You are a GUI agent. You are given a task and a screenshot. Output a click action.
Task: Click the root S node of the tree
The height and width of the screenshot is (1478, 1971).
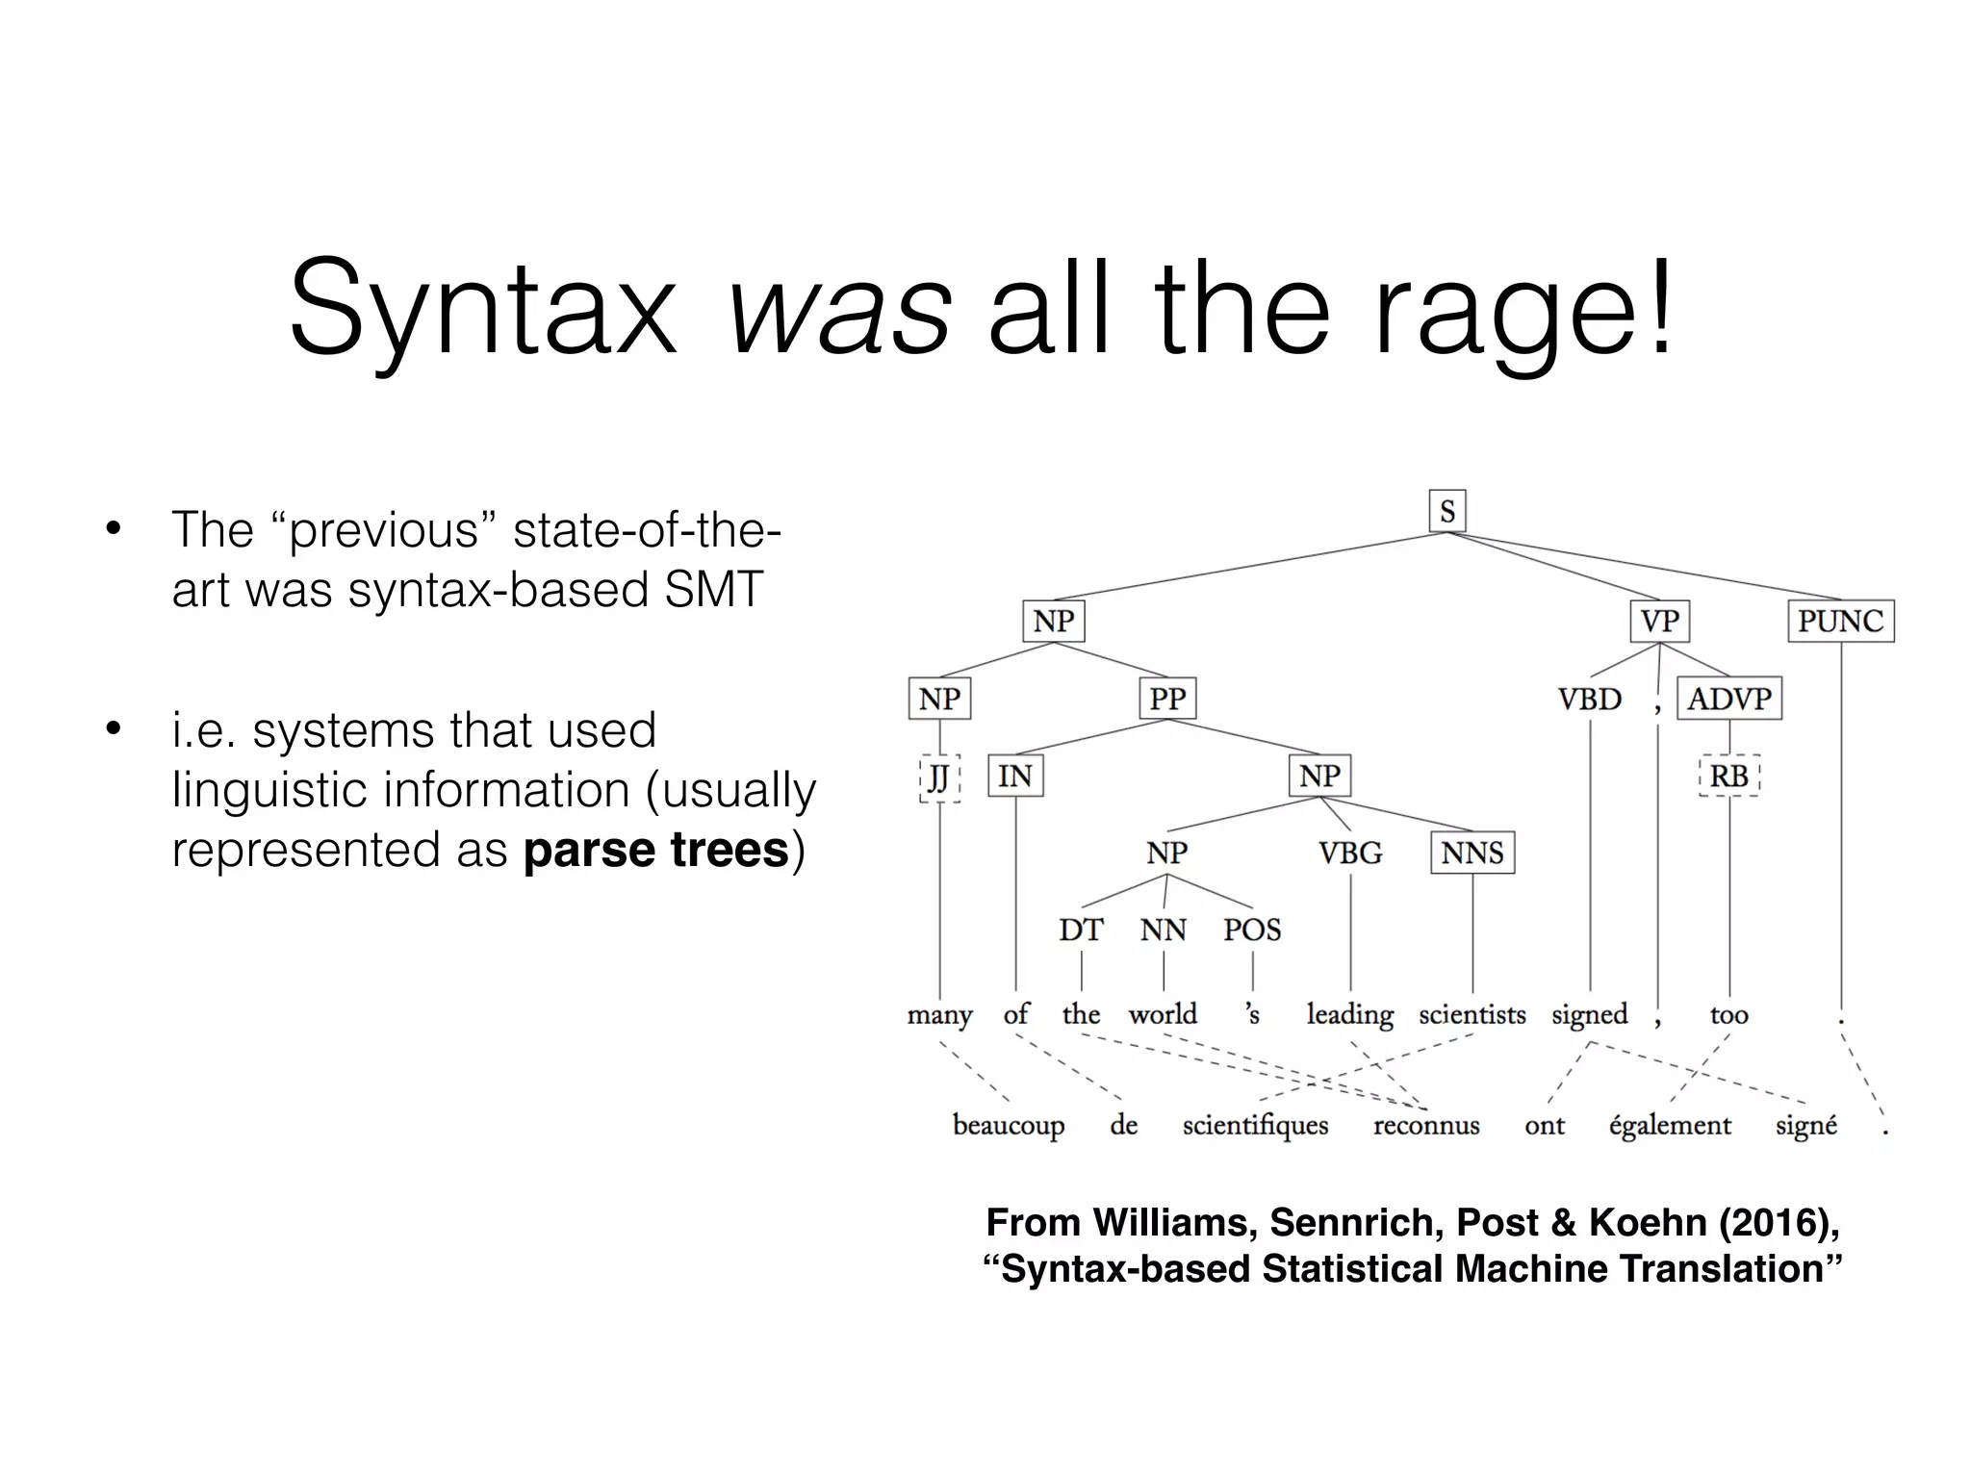point(1446,511)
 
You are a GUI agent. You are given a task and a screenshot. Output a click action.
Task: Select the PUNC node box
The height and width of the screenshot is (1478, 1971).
point(1840,621)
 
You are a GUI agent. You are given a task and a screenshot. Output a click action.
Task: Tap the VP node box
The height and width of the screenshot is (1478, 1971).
point(1659,621)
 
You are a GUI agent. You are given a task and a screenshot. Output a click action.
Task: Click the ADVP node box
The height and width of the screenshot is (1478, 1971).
point(1729,699)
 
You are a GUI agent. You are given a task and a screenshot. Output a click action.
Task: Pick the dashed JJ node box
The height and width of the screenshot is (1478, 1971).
point(939,777)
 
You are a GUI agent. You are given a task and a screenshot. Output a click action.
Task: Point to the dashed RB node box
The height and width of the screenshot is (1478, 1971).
point(1729,776)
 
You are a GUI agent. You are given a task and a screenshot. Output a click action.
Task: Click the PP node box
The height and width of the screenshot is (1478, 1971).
point(1167,699)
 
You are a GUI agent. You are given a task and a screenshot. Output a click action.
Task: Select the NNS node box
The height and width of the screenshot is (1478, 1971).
point(1472,853)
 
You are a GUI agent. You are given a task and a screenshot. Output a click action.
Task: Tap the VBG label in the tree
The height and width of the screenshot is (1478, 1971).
point(1350,853)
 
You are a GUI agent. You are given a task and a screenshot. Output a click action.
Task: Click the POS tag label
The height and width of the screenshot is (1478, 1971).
point(1252,930)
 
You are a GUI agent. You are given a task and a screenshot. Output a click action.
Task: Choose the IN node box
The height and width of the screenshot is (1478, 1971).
point(1015,776)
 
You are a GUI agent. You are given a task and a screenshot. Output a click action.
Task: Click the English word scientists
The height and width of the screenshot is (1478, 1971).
point(1472,1015)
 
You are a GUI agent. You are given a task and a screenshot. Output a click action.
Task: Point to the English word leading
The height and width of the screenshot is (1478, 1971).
point(1349,1015)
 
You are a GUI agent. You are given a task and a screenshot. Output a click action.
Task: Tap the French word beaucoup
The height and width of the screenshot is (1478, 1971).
point(1008,1126)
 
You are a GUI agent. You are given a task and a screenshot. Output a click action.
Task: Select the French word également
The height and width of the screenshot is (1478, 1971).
point(1670,1126)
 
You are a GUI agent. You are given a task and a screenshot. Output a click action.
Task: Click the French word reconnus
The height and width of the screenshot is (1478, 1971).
point(1426,1126)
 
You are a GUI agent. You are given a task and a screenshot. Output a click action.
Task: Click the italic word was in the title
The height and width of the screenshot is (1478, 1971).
point(839,310)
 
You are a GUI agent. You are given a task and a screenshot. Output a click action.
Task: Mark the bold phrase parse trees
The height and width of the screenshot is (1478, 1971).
point(656,850)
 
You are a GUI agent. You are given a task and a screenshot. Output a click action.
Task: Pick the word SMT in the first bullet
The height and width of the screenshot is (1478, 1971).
point(713,589)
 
